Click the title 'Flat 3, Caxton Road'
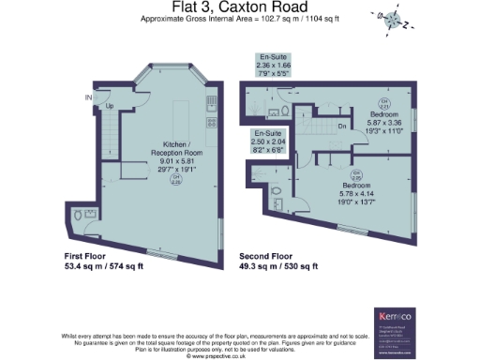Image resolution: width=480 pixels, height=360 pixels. (x=241, y=7)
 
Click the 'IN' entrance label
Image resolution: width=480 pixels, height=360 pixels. (x=88, y=97)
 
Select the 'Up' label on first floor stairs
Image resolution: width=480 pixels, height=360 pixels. (x=111, y=106)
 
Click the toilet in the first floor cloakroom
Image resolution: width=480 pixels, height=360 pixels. (x=77, y=217)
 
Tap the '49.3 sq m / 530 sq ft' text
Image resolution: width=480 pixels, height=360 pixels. (x=278, y=266)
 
